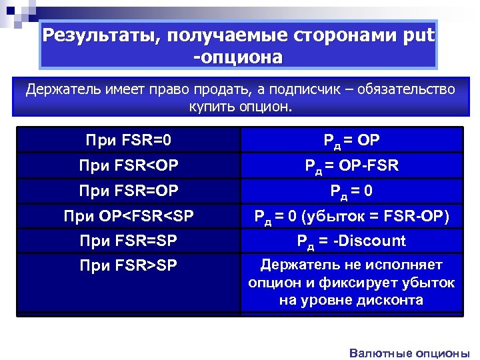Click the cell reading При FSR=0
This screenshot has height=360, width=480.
coord(129,140)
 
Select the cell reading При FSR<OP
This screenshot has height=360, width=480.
coord(129,165)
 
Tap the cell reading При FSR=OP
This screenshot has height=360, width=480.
coord(129,191)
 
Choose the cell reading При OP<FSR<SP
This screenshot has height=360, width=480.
coord(129,216)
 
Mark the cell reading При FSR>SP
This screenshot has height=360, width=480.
coord(129,266)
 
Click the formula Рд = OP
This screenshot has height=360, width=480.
coord(351,140)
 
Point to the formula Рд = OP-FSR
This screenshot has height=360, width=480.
coord(351,165)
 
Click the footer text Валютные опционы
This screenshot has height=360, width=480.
coord(409,353)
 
